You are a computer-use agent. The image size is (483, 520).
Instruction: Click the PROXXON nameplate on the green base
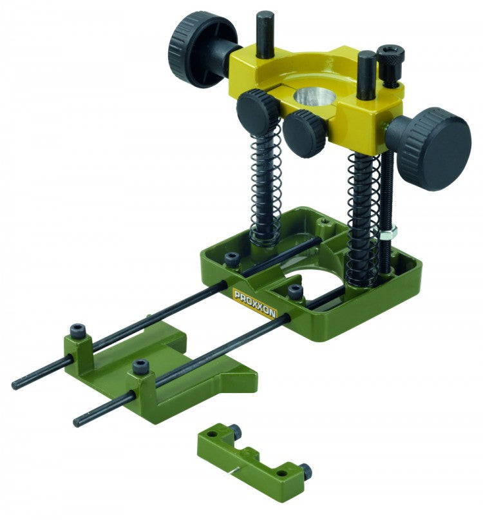(x=254, y=303)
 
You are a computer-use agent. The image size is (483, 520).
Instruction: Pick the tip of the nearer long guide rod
(x=77, y=423)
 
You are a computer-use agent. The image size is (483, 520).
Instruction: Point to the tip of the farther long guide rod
(x=15, y=385)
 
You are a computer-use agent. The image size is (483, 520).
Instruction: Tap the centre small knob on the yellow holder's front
(x=303, y=132)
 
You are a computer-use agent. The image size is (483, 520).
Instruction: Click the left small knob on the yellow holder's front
(x=258, y=111)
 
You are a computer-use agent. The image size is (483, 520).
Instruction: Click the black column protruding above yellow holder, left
(x=264, y=28)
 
